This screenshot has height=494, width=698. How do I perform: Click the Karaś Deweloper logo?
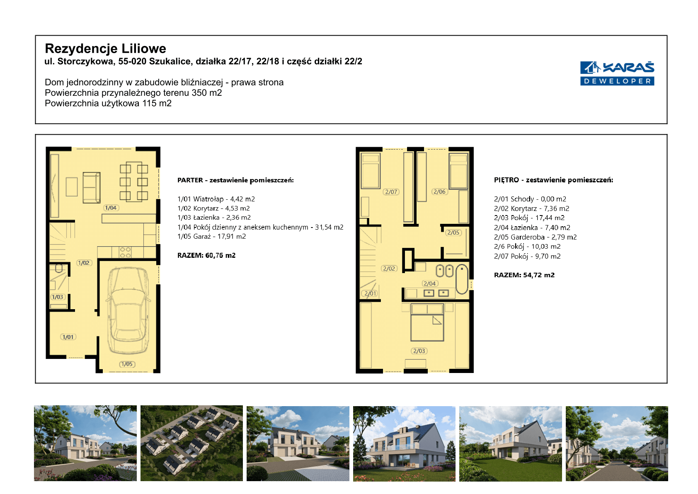click(617, 73)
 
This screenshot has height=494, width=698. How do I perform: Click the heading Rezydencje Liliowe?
click(105, 48)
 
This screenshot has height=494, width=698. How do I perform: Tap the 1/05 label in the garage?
click(127, 364)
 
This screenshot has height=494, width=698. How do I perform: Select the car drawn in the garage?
click(128, 311)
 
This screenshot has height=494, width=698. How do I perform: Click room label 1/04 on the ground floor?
click(111, 208)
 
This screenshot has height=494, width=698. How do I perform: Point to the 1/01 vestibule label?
click(68, 337)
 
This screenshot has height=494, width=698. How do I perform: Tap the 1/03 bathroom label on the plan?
click(57, 297)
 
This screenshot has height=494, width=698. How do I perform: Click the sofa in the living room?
click(91, 187)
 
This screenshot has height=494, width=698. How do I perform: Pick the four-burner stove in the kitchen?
click(126, 252)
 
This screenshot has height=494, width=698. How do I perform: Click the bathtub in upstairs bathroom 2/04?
click(462, 279)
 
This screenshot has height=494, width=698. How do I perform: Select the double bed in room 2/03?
click(427, 322)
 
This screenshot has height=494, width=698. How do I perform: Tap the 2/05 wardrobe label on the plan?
click(453, 232)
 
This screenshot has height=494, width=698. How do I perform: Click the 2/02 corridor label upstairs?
click(389, 269)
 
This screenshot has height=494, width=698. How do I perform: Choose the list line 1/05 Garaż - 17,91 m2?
click(211, 236)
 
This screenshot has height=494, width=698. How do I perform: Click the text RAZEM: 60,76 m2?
click(206, 255)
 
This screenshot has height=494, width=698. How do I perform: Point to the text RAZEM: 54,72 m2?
click(524, 275)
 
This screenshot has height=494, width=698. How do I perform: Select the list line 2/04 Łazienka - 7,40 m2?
click(532, 228)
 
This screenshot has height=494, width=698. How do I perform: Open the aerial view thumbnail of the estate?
click(191, 443)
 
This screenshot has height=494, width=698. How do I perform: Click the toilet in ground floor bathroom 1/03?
click(59, 268)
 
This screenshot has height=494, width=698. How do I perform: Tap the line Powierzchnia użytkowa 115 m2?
click(108, 103)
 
